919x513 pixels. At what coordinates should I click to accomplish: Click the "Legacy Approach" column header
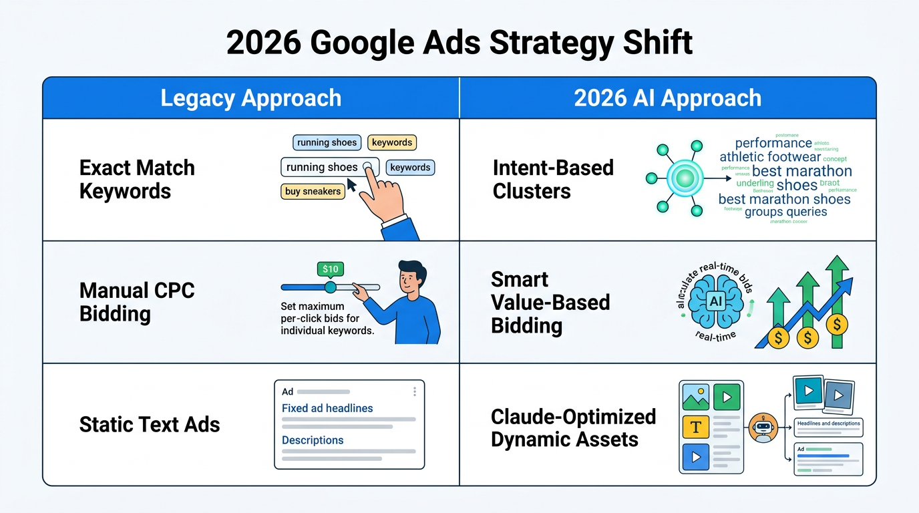click(x=250, y=98)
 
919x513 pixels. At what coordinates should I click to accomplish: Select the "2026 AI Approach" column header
click(x=667, y=98)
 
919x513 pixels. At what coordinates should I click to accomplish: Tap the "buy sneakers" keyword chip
click(x=313, y=192)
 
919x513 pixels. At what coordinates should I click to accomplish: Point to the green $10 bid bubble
click(x=330, y=269)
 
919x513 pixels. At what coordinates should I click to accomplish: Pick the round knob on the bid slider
click(x=330, y=287)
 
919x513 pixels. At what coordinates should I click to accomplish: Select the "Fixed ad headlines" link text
click(x=327, y=408)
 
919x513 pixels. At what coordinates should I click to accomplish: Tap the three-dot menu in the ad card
click(x=415, y=391)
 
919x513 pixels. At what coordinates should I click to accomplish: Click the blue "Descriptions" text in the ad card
click(x=313, y=440)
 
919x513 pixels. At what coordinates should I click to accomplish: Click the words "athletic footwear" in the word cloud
click(x=769, y=157)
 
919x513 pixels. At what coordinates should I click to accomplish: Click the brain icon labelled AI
click(x=716, y=301)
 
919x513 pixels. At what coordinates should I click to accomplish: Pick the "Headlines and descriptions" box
click(x=828, y=423)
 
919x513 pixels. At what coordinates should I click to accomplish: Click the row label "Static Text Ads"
click(x=150, y=425)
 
